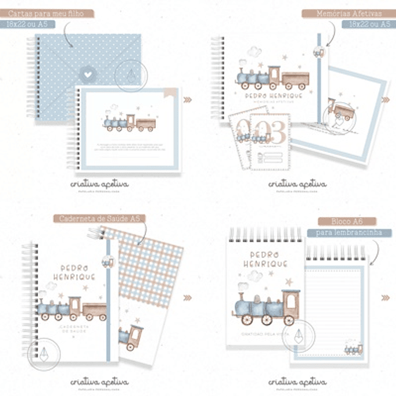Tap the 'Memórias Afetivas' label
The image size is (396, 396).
346,13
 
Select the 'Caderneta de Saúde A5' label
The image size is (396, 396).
100,219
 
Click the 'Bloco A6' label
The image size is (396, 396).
346,221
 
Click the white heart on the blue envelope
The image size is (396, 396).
86,73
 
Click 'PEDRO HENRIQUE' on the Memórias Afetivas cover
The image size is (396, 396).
266,98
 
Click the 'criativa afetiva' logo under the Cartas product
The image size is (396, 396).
99,185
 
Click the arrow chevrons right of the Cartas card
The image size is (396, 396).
187,100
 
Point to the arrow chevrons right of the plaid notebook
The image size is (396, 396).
187,298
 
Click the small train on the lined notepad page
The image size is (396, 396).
353,349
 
